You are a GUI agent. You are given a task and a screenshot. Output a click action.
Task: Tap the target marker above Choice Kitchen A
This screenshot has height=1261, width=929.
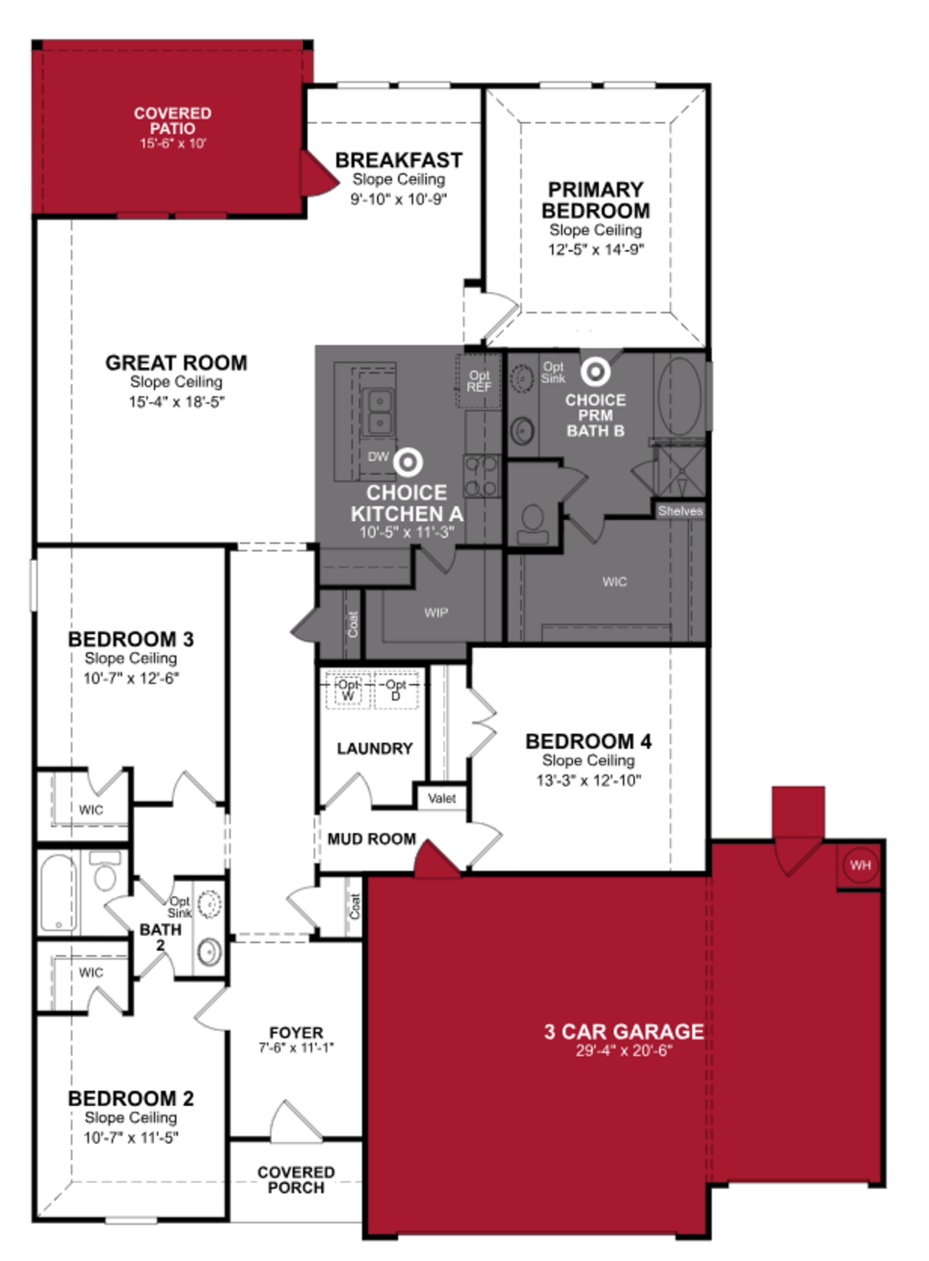pos(408,462)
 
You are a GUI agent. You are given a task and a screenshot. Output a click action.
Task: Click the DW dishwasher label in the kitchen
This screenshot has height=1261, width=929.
pos(378,456)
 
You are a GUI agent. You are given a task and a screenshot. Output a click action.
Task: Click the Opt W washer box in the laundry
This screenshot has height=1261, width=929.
pos(348,690)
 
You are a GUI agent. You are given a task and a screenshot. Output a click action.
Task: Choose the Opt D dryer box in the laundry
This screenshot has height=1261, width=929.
pos(396,690)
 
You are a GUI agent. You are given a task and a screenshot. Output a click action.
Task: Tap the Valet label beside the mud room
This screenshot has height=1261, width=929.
pos(442,798)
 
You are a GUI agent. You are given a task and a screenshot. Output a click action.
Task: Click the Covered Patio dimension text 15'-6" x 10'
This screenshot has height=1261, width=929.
pos(173,144)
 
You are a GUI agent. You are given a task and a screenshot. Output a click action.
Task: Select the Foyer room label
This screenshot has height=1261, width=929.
pos(296,1032)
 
